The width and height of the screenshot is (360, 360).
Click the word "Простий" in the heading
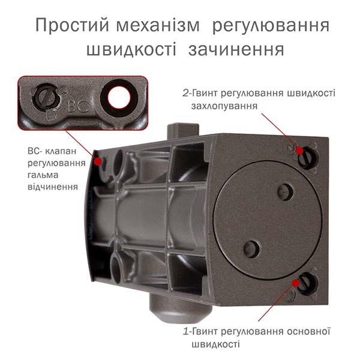(72, 25)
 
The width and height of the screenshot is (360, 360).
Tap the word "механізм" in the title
(158, 25)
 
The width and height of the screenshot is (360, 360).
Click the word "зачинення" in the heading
(236, 50)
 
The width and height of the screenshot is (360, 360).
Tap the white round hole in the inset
(119, 98)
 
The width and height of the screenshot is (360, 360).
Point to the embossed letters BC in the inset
(79, 107)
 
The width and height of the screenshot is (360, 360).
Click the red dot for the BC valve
(98, 161)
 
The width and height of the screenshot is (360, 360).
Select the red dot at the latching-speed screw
(299, 151)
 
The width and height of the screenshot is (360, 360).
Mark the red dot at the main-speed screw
(296, 283)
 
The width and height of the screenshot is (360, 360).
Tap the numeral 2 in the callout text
(185, 94)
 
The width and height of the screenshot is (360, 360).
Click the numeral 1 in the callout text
(186, 332)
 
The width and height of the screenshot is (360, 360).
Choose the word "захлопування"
(224, 106)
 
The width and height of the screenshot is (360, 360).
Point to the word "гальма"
(43, 175)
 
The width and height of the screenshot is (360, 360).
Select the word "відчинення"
(53, 187)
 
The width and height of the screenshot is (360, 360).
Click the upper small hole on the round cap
(285, 192)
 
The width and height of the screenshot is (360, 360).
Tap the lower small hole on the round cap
(251, 249)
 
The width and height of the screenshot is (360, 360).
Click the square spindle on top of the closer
(183, 131)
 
